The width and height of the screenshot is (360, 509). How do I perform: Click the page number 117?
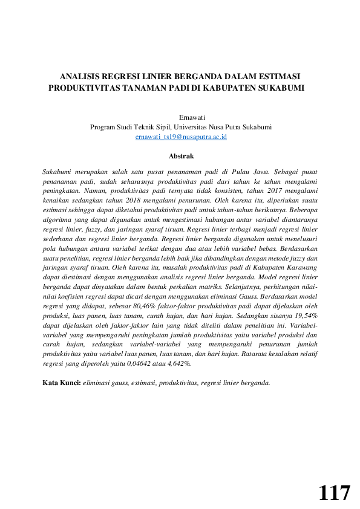coord(334,493)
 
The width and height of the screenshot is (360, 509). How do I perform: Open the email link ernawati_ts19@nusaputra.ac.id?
coord(181,137)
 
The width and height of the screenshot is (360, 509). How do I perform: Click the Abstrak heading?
coord(181,156)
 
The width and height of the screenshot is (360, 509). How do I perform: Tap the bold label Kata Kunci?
coord(61,383)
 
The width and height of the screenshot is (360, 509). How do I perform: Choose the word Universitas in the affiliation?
coord(195,127)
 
